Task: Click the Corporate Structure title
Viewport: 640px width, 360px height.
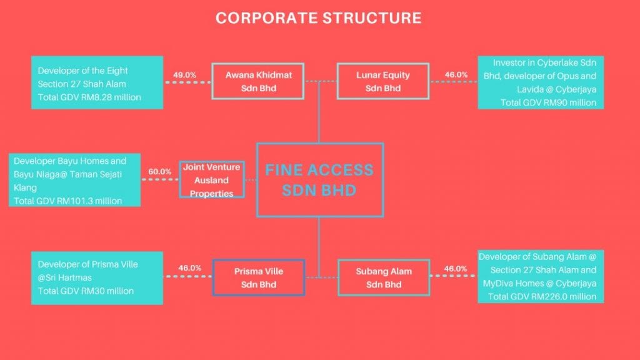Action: tap(319, 18)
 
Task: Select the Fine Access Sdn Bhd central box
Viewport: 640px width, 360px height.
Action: tap(319, 180)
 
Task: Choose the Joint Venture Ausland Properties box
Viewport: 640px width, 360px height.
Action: tap(212, 180)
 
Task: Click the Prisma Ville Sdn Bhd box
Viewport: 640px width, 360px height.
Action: tap(258, 277)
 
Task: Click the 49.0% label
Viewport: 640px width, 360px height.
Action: tap(185, 75)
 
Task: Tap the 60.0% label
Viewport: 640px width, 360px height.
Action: tap(159, 171)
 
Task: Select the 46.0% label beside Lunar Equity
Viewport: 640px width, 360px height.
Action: tap(456, 75)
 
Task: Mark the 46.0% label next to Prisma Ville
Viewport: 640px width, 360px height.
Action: tap(190, 268)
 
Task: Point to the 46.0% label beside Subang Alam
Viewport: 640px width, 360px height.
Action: tap(456, 269)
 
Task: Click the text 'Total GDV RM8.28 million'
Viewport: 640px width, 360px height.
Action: tap(89, 97)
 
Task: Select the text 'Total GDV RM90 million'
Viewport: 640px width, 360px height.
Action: tap(548, 102)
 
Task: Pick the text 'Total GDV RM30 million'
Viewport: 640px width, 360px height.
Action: tap(86, 291)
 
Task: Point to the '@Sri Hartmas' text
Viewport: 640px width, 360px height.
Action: tap(62, 277)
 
